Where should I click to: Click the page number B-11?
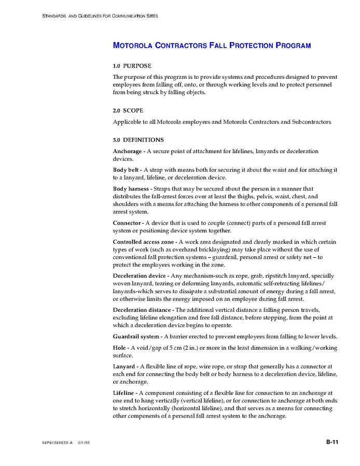click(x=332, y=442)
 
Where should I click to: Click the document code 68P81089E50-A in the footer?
click(x=58, y=443)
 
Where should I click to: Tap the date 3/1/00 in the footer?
click(x=84, y=443)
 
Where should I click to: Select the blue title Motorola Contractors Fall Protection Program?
click(x=212, y=46)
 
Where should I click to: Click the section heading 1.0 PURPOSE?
click(x=132, y=66)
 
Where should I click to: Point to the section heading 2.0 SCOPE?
click(x=128, y=111)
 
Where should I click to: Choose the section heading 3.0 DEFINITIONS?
click(x=138, y=140)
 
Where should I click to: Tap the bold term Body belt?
click(x=126, y=170)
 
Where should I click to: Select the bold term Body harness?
click(x=131, y=189)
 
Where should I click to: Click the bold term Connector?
click(x=128, y=223)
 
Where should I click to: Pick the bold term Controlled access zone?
click(x=144, y=242)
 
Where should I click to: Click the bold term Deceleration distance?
click(x=142, y=310)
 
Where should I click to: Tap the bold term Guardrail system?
click(x=135, y=336)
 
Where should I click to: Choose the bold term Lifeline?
click(x=124, y=393)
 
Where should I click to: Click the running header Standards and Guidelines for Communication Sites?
click(x=100, y=16)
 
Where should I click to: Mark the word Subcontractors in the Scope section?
click(x=311, y=122)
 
